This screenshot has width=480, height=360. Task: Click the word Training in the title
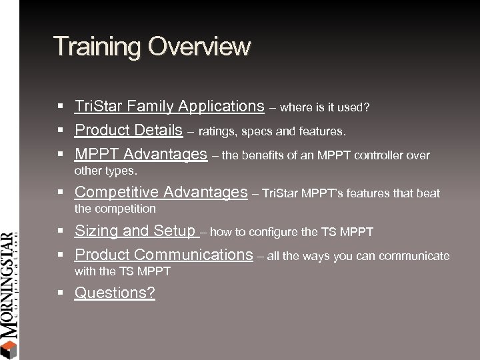(98, 46)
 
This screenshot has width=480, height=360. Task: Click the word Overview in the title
(200, 46)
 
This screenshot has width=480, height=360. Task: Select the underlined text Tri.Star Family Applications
(169, 106)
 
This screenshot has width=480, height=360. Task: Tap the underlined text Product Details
(129, 129)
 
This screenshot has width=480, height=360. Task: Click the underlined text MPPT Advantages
(141, 155)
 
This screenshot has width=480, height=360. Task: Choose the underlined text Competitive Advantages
(161, 193)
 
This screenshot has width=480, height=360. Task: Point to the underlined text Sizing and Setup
(136, 231)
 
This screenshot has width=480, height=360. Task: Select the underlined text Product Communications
(163, 255)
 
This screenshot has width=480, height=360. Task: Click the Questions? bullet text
(115, 293)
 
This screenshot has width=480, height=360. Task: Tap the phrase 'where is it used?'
(326, 107)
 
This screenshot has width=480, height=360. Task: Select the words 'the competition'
(115, 209)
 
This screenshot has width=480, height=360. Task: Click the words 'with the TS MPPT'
(122, 271)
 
